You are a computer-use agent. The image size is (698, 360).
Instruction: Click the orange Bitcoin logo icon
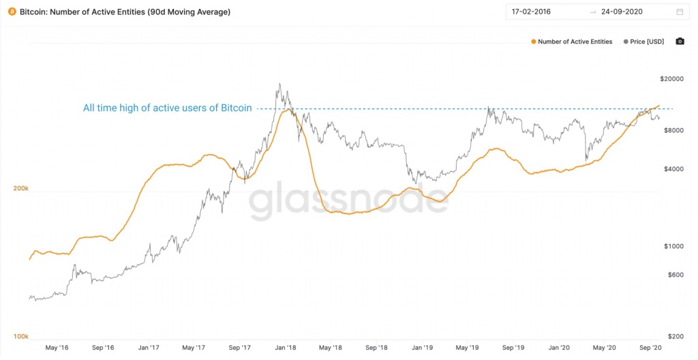12,12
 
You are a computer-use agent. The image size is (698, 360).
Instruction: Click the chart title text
125,12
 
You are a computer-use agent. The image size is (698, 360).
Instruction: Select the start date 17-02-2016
531,12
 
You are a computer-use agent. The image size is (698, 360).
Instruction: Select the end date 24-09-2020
622,12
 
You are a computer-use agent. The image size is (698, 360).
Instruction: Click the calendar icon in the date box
680,12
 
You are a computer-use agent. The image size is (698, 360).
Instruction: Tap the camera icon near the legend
680,42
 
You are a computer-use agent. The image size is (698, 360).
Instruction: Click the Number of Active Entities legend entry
572,42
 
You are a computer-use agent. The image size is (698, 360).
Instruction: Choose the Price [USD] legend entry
643,42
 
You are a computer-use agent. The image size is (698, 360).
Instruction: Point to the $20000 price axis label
671,79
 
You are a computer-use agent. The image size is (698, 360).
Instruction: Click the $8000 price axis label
673,130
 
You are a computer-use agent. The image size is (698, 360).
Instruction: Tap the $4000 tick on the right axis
673,169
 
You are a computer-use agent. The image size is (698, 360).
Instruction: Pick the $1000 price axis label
673,246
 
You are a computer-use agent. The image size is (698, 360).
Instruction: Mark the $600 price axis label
676,275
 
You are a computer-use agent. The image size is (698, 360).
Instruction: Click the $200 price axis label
676,336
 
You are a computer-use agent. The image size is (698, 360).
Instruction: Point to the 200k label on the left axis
21,188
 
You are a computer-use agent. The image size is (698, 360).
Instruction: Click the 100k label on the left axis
21,336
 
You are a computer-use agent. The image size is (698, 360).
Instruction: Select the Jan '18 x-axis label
286,348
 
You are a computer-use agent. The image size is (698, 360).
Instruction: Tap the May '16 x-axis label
57,348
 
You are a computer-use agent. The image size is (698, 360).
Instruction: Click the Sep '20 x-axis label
651,348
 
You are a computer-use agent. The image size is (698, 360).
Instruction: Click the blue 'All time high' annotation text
168,108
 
